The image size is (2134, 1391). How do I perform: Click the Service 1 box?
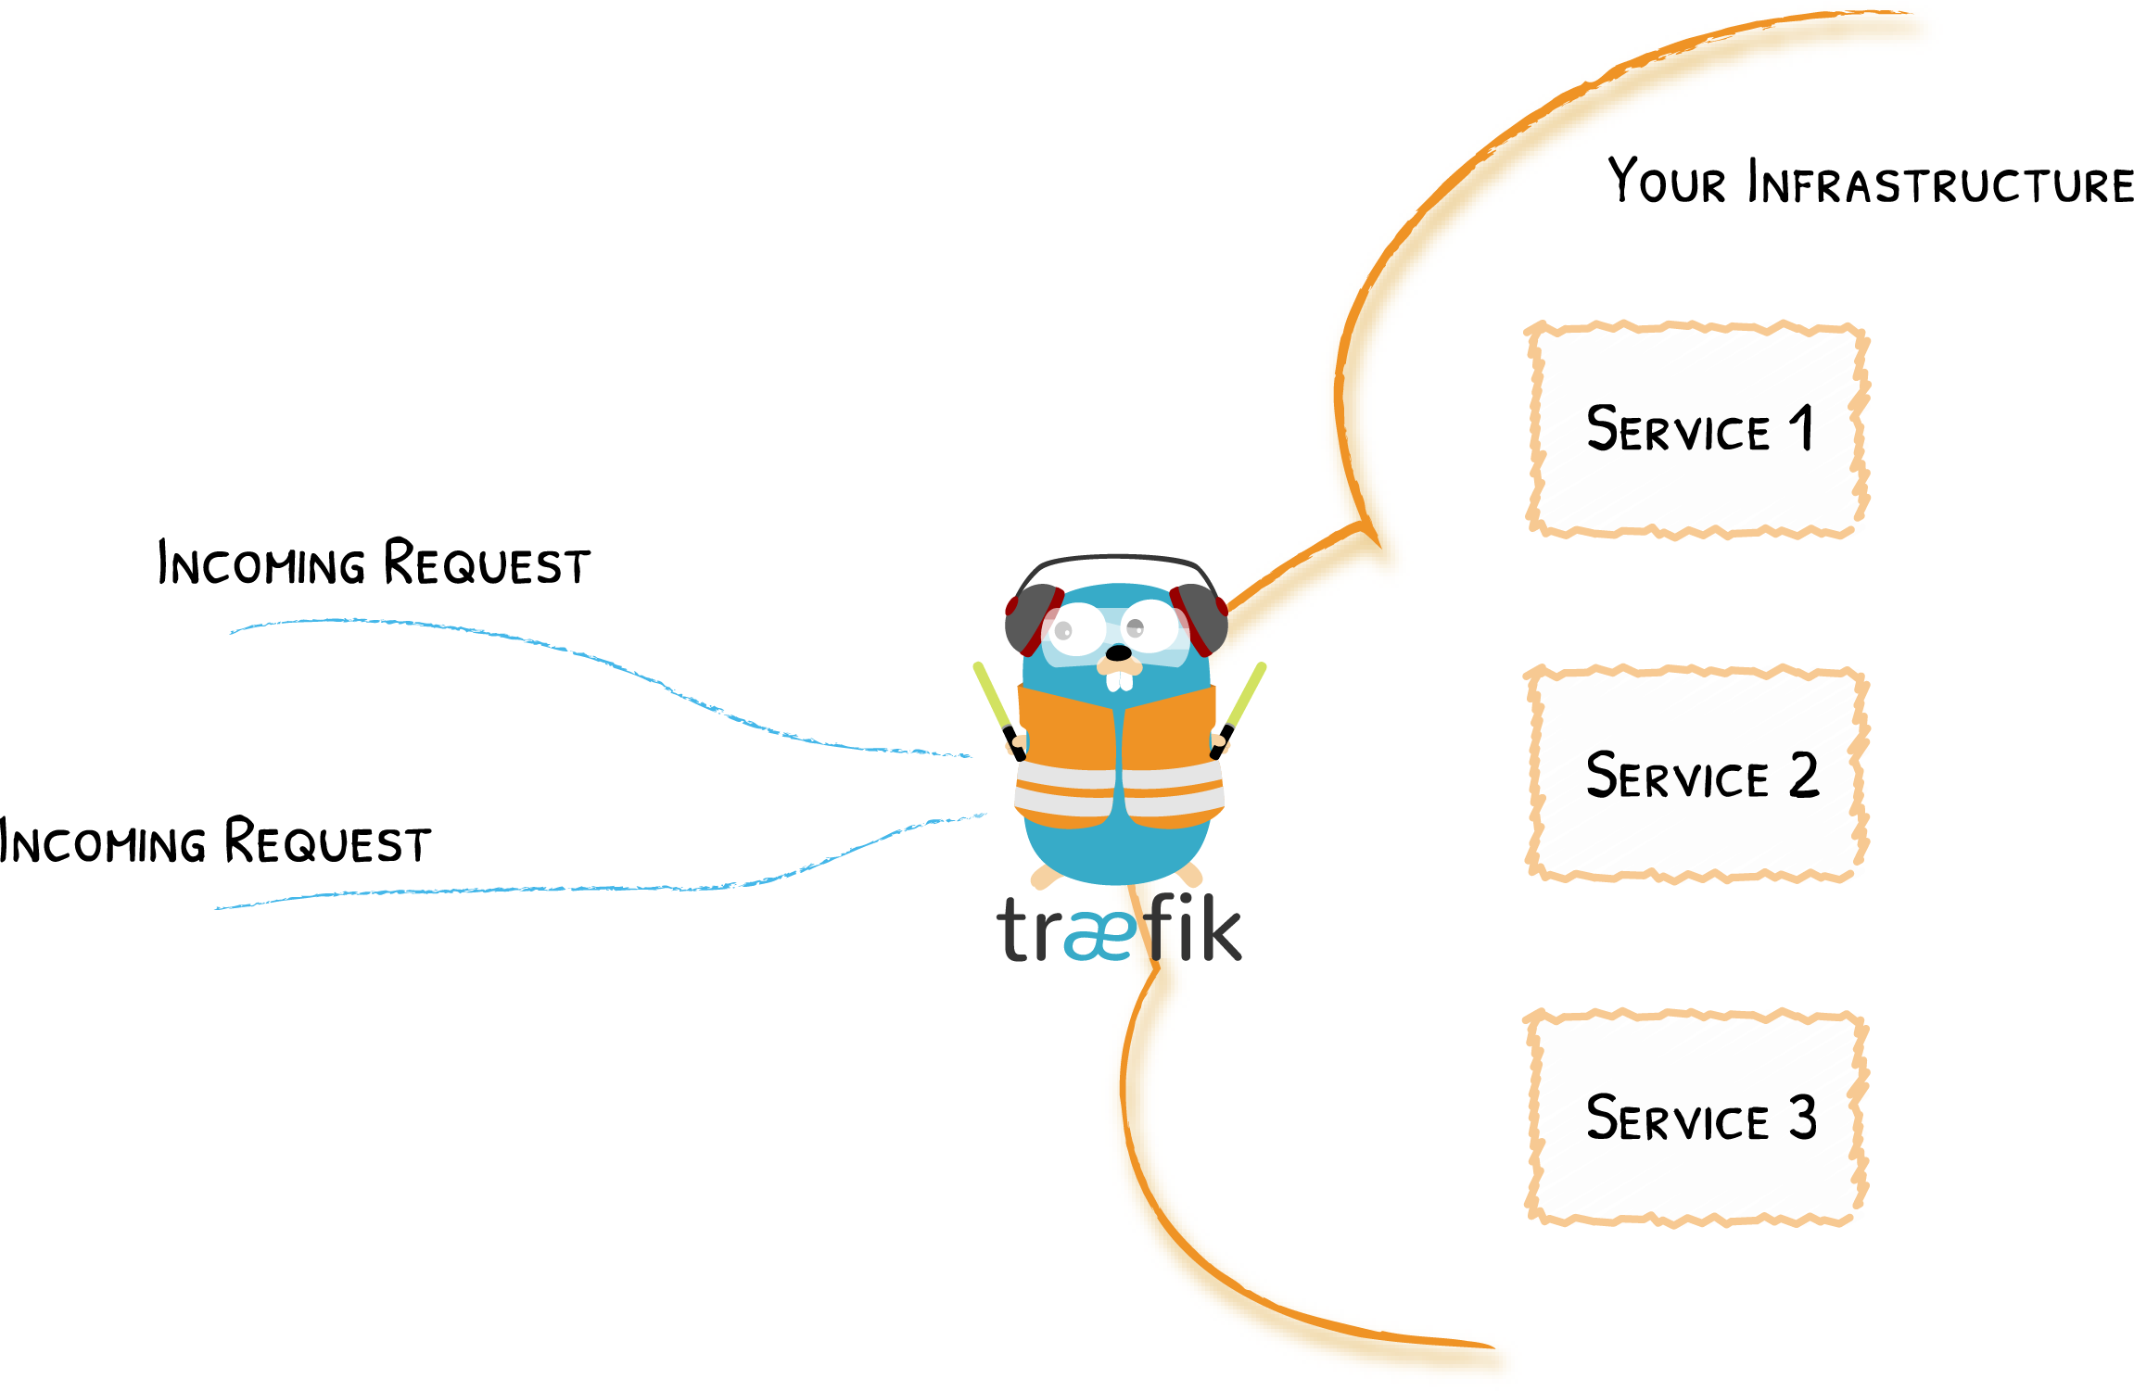coord(1696,429)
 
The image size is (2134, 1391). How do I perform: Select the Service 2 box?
coord(1696,775)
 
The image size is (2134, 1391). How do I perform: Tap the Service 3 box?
coord(1696,1118)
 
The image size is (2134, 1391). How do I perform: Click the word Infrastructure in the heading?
coord(1941,183)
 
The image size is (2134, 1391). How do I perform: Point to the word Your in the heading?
coord(1666,181)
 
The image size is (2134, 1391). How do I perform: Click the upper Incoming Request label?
coord(374,563)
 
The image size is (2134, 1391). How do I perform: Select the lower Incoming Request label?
coord(215,841)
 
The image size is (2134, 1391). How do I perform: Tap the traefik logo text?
coord(1119,929)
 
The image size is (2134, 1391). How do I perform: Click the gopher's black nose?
coord(1119,653)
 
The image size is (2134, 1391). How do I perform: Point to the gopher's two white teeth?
coord(1120,681)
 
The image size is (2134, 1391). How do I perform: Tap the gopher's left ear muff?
coord(1031,619)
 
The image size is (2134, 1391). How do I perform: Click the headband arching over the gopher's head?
coord(1117,559)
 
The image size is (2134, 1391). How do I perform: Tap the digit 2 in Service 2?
coord(1804,775)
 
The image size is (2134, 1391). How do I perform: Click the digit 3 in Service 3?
coord(1803,1118)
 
